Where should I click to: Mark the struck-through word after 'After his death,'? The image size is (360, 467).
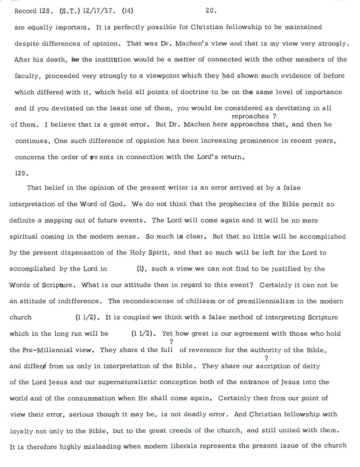coord(75,60)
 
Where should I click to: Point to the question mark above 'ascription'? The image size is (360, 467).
coord(266,358)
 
